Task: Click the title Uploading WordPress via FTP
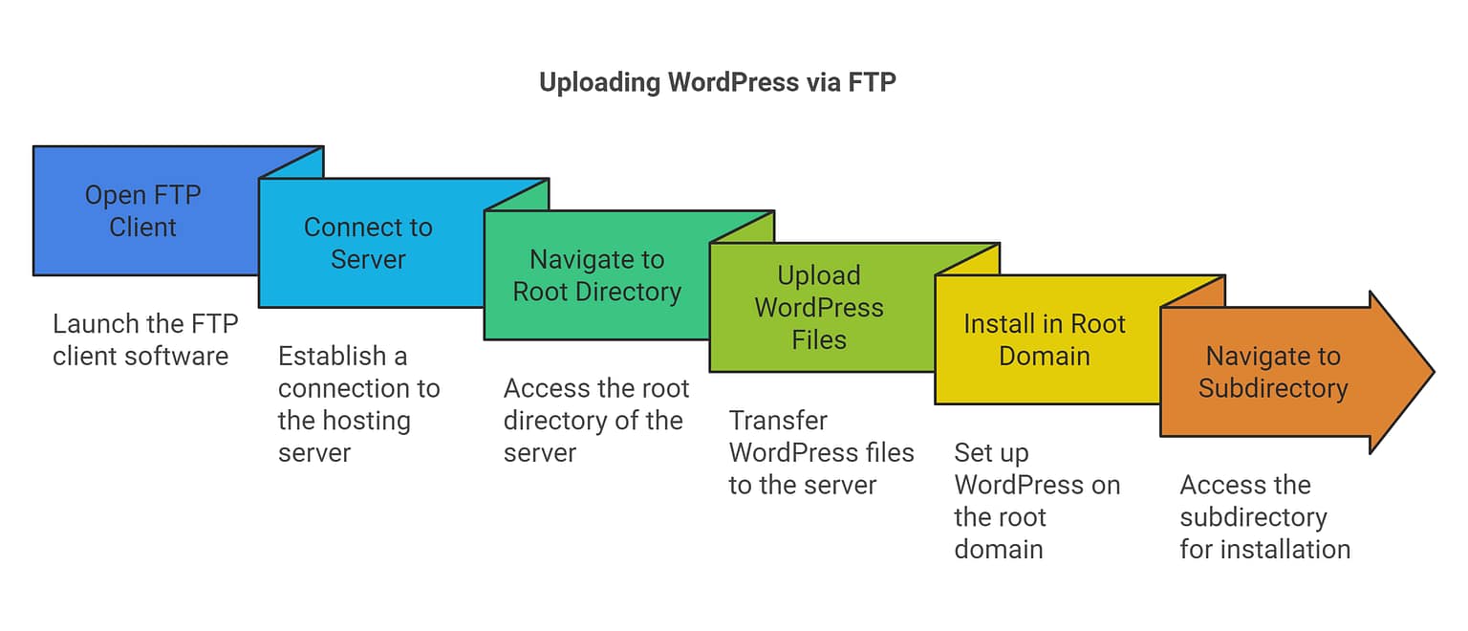717,82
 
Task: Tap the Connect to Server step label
368,244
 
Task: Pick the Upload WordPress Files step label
819,308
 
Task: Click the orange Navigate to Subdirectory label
1273,372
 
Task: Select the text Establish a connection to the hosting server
358,404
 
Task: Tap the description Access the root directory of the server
595,421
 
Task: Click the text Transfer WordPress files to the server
821,453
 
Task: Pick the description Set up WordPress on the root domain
1036,501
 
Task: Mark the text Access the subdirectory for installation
1263,517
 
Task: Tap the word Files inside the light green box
819,340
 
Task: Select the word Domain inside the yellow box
1044,357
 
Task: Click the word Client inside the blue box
143,228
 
